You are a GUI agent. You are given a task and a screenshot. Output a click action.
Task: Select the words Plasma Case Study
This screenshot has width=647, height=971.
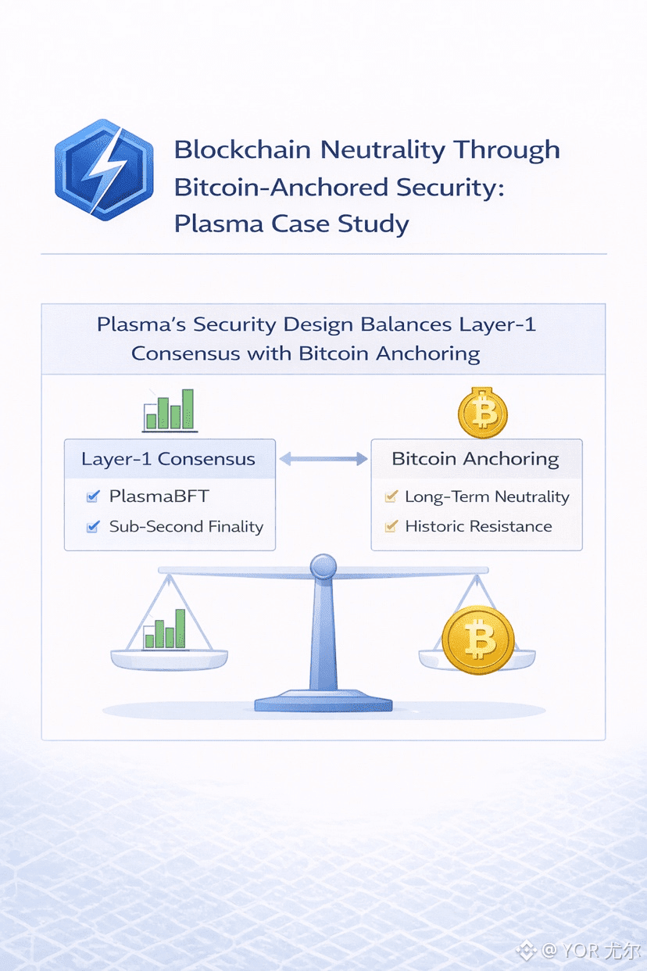tap(291, 224)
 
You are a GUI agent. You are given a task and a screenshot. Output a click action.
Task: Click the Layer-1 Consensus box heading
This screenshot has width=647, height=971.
tap(169, 459)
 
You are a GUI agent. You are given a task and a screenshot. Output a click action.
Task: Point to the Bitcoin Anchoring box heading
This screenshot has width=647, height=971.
tap(475, 459)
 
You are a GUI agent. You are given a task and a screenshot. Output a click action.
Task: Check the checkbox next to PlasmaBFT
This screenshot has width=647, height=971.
tap(93, 496)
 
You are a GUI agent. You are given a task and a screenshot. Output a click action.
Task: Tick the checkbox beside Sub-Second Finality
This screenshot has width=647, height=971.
tap(93, 527)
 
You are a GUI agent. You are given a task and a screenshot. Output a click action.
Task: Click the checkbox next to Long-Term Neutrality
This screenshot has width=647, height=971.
tap(391, 496)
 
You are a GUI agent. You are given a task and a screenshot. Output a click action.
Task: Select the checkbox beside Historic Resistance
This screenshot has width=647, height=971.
tap(391, 527)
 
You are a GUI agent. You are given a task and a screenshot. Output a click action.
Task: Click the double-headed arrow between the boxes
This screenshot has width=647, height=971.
tap(323, 460)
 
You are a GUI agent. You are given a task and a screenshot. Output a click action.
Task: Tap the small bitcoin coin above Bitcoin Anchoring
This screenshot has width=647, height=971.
tap(483, 412)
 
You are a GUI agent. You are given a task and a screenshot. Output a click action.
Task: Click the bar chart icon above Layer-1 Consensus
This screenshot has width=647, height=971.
tap(170, 410)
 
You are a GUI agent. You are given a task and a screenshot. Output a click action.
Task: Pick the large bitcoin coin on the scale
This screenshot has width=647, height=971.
tap(478, 640)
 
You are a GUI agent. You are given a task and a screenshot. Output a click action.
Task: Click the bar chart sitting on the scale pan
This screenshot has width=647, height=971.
tap(165, 629)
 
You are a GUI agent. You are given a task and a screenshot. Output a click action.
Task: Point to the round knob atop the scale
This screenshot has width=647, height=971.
tap(323, 566)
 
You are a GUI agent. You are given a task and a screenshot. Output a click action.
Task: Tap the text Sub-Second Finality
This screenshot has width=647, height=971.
tap(186, 527)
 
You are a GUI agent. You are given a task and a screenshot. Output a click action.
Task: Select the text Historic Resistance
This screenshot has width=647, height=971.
tap(478, 527)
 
